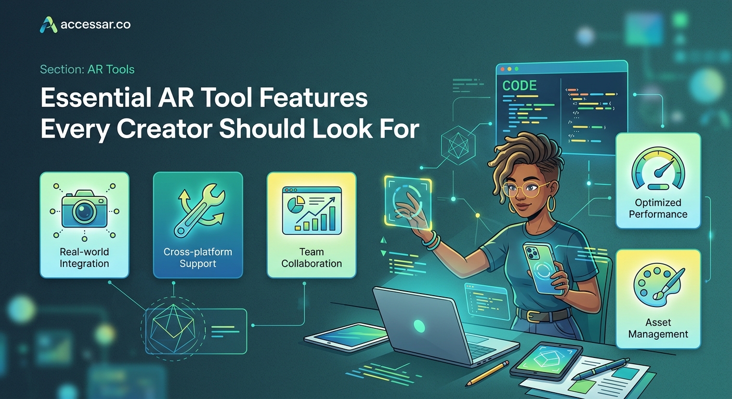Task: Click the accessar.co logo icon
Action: pos(48,24)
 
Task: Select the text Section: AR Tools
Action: pos(87,69)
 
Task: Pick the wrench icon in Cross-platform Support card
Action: pos(198,212)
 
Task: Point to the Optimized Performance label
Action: pos(658,208)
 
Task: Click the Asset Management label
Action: pos(658,328)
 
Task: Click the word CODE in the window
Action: pos(520,86)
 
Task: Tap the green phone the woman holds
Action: pos(541,268)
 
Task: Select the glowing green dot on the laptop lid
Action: pos(419,326)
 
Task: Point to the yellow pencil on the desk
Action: pos(487,373)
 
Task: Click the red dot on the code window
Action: pos(502,69)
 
